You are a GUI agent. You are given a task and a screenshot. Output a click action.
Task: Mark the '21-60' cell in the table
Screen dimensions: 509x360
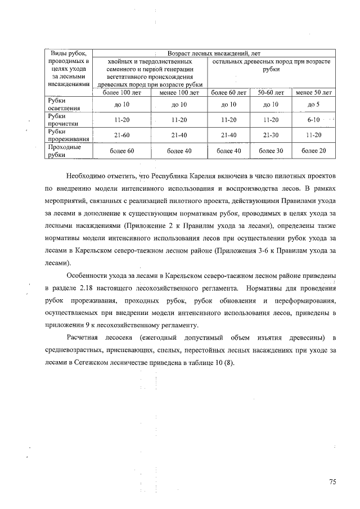tap(121, 136)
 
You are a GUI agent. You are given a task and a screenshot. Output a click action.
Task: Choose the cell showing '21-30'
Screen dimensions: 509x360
tap(271, 136)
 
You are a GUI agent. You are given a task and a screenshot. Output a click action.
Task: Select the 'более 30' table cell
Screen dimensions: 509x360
tap(271, 151)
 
